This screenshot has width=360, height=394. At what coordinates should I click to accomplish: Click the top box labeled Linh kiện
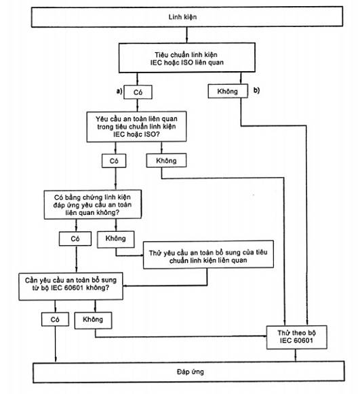[x=187, y=17]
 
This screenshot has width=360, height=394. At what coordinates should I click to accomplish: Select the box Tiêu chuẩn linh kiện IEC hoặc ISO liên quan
[x=187, y=58]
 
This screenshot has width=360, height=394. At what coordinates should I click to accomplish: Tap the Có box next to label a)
[x=138, y=92]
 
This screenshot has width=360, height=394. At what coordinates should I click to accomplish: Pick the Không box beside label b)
[x=228, y=91]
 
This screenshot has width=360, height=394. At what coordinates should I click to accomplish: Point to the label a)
[x=119, y=92]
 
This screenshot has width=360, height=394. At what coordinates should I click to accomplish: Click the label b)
[x=256, y=90]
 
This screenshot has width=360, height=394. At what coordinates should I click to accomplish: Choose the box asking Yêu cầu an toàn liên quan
[x=136, y=127]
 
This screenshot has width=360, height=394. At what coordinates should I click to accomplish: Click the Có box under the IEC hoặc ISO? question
[x=114, y=161]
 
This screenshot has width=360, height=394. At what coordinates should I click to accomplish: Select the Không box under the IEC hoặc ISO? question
[x=166, y=160]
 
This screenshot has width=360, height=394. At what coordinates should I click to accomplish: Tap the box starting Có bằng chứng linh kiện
[x=92, y=205]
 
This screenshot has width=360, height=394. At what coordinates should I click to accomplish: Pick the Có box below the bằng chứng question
[x=75, y=239]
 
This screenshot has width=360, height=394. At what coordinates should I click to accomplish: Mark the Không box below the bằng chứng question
[x=115, y=239]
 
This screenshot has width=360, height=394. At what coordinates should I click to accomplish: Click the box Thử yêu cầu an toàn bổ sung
[x=208, y=255]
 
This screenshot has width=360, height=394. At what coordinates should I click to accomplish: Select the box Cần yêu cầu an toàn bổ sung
[x=71, y=286]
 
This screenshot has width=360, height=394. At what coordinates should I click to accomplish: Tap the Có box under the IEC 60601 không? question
[x=55, y=319]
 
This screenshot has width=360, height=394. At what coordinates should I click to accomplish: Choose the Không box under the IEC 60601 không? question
[x=93, y=320]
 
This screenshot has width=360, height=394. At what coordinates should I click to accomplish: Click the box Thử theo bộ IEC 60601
[x=297, y=337]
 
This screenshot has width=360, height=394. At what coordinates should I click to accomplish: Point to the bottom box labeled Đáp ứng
[x=188, y=372]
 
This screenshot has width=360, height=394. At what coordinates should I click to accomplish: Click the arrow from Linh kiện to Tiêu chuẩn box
[x=186, y=35]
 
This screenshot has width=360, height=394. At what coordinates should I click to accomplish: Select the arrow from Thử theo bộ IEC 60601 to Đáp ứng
[x=296, y=355]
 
